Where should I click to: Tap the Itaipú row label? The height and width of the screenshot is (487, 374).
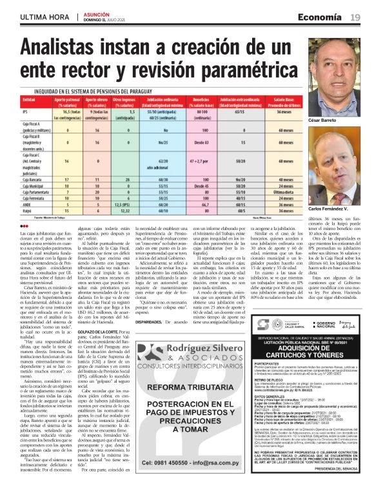(27, 210)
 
